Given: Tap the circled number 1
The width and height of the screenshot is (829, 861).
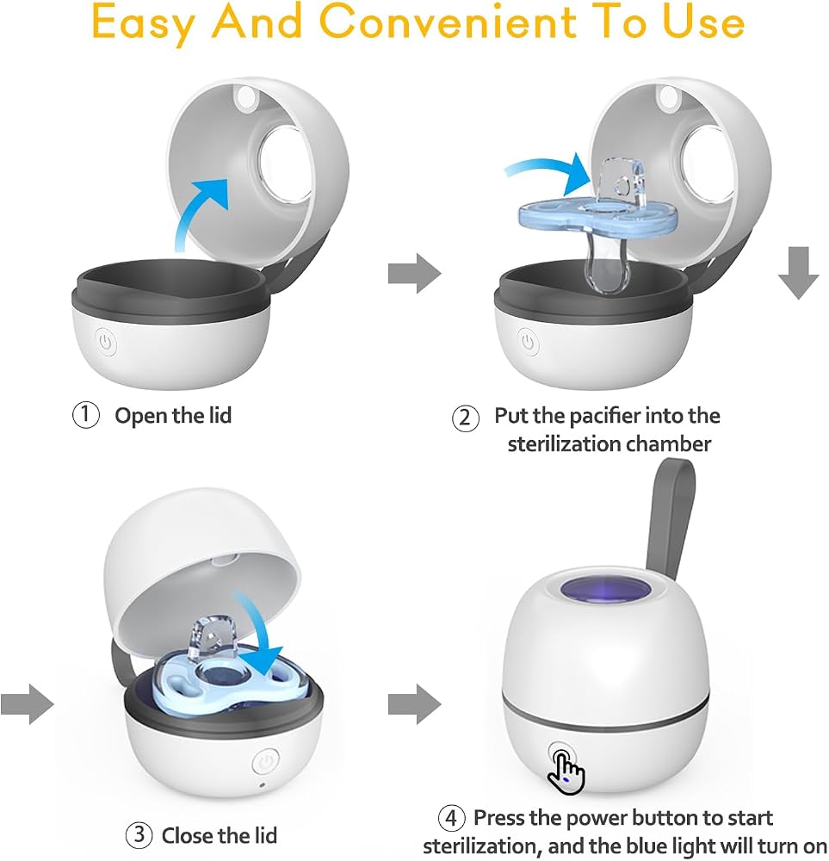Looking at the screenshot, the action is [x=85, y=415].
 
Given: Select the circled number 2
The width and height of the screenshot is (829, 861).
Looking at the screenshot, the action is [x=465, y=418].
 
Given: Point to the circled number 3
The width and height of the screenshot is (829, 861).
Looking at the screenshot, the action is [x=139, y=834].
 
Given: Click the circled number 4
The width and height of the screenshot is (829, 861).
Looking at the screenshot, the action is [x=451, y=818].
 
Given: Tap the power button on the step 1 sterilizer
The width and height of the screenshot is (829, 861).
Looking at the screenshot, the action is [x=106, y=343].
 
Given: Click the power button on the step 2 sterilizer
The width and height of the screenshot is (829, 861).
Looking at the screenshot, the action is [x=529, y=342].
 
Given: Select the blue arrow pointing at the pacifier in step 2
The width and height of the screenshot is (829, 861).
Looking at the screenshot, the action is [x=549, y=168].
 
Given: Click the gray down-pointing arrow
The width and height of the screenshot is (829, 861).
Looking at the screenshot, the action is [x=798, y=272].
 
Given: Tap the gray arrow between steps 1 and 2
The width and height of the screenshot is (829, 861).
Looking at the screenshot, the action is [x=415, y=273].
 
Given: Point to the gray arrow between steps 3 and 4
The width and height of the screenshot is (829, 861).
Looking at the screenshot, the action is [x=415, y=703].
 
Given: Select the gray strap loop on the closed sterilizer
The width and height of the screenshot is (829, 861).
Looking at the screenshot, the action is [x=670, y=516].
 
